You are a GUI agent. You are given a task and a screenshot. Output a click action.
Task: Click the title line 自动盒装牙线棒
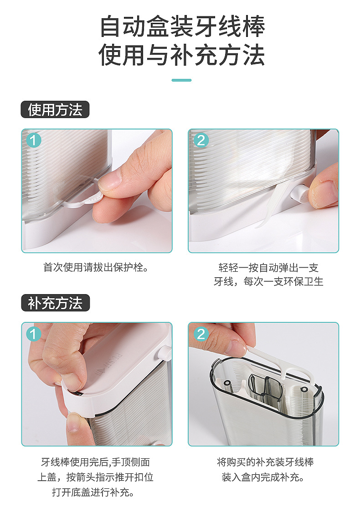[x=182, y=26]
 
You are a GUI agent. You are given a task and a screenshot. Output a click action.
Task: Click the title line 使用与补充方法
[x=182, y=55]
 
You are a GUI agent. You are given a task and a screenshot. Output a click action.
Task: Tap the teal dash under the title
[x=182, y=80]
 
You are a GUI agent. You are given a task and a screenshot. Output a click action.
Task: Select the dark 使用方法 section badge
[x=55, y=109]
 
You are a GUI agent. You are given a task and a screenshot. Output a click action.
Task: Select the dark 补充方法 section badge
[x=55, y=303]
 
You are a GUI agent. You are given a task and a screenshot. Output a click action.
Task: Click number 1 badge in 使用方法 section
[x=33, y=140]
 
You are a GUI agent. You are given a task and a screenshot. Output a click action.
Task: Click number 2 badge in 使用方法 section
[x=201, y=140]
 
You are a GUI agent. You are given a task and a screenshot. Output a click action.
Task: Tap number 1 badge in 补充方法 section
[x=33, y=334]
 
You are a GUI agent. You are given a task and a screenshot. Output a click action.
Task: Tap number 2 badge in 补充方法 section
[x=201, y=334]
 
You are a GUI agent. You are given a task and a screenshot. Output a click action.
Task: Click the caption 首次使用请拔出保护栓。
[x=96, y=267]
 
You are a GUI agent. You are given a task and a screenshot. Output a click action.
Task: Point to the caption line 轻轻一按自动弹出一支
[x=268, y=267]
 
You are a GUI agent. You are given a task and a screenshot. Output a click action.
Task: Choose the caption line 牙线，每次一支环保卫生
[x=268, y=281]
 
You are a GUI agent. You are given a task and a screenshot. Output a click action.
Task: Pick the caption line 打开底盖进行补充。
[x=93, y=492]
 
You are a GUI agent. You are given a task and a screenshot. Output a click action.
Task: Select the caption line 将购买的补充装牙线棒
[x=265, y=462]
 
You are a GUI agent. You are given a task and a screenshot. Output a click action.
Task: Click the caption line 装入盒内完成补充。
[x=263, y=477]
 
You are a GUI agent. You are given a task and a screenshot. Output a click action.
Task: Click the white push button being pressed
[x=299, y=194]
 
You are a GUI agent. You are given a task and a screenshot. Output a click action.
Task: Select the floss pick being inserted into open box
[x=281, y=363]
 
